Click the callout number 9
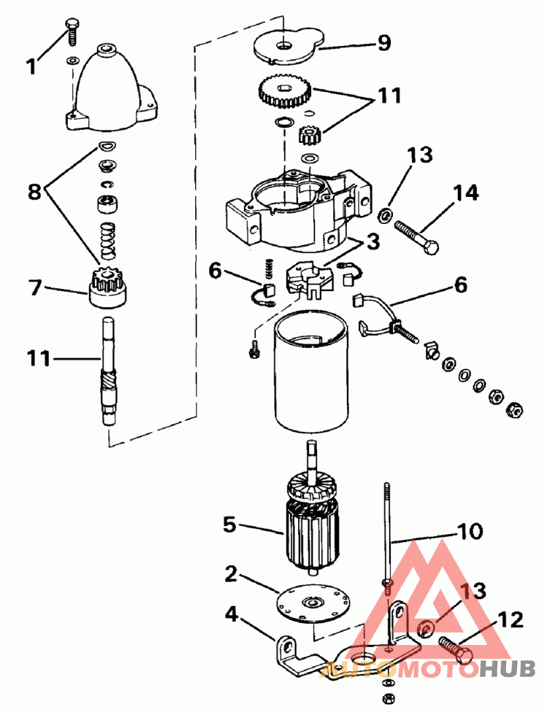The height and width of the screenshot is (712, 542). coord(383,43)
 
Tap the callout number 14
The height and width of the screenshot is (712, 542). coord(465,193)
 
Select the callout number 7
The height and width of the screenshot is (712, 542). coord(35,288)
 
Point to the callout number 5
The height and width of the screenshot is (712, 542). coord(230,525)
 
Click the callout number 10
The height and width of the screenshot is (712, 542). coord(470,531)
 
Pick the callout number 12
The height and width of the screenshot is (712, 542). coord(511,620)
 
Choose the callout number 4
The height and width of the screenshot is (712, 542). coord(232,615)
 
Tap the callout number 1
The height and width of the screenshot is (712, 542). coord(31,67)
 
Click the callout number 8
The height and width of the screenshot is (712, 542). coord(35,192)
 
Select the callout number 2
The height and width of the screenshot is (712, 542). coord(231,574)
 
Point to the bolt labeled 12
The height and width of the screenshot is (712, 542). coord(455,648)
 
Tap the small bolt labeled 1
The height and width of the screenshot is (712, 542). coord(71,31)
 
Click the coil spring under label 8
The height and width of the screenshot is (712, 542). coord(107,241)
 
